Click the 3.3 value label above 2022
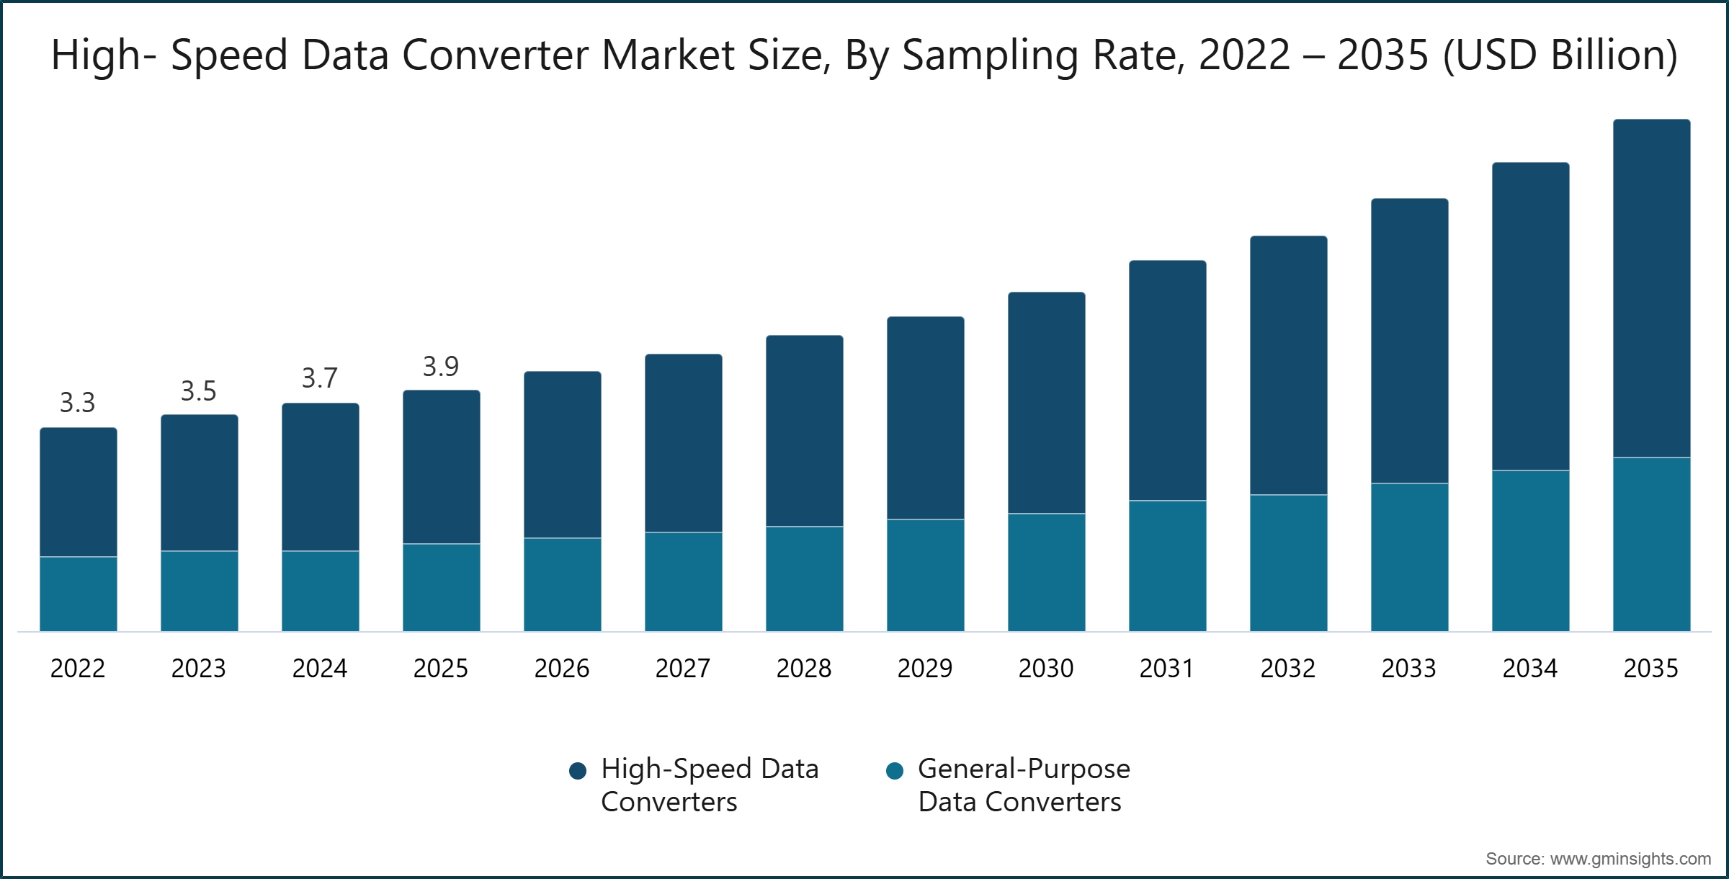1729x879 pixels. pyautogui.click(x=77, y=403)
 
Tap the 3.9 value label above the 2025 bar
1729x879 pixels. pyautogui.click(x=440, y=367)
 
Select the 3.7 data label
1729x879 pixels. pyautogui.click(x=319, y=378)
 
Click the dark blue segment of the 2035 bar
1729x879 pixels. pyautogui.click(x=1651, y=288)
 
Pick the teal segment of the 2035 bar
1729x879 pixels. pyautogui.click(x=1651, y=545)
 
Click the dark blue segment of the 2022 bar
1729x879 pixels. pyautogui.click(x=78, y=492)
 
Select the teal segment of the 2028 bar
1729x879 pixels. pyautogui.click(x=804, y=579)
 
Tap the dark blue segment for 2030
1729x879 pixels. pyautogui.click(x=1046, y=403)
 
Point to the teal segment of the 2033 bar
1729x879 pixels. pyautogui.click(x=1409, y=558)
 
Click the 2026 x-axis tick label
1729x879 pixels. pyautogui.click(x=561, y=669)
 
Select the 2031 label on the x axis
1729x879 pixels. pyautogui.click(x=1166, y=669)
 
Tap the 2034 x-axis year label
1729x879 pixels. pyautogui.click(x=1529, y=669)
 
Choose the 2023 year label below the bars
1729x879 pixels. pyautogui.click(x=198, y=669)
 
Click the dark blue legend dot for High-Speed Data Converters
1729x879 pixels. pyautogui.click(x=578, y=772)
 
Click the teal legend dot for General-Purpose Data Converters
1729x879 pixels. pyautogui.click(x=895, y=772)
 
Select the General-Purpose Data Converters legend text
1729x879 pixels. pyautogui.click(x=1023, y=785)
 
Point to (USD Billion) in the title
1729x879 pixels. pyautogui.click(x=1560, y=56)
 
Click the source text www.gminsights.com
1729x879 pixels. pyautogui.click(x=1630, y=859)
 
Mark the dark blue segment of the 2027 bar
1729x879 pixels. pyautogui.click(x=683, y=443)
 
